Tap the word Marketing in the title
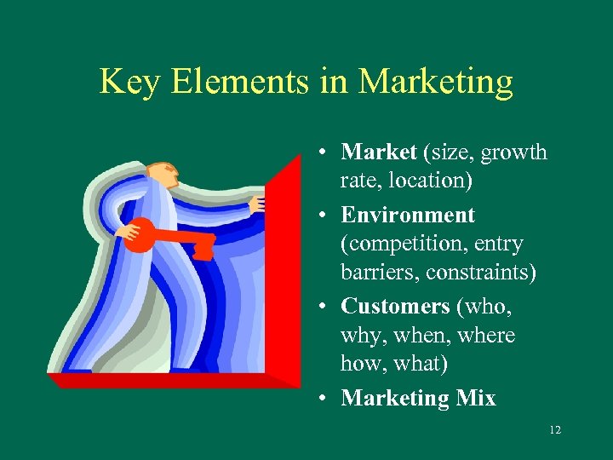436,82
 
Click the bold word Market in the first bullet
378,152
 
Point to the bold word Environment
407,215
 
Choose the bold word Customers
395,306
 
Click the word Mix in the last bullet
478,398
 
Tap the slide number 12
555,430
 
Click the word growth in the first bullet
514,153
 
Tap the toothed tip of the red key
203,247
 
